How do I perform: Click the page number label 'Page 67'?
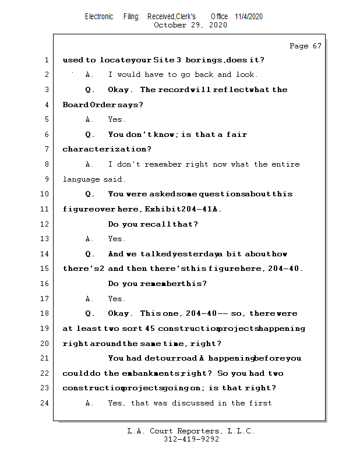(x=305, y=46)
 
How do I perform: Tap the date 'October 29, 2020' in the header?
(x=190, y=25)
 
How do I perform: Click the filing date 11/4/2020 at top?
(x=249, y=16)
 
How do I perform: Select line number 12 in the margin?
(x=45, y=224)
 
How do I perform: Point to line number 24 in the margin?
(x=45, y=403)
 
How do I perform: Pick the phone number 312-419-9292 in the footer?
(x=190, y=439)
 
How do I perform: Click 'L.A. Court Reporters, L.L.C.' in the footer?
(x=190, y=431)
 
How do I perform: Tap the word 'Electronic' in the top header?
(x=99, y=16)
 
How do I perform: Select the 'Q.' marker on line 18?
(x=90, y=313)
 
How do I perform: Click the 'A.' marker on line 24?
(x=90, y=403)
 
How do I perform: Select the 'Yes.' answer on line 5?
(x=117, y=119)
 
